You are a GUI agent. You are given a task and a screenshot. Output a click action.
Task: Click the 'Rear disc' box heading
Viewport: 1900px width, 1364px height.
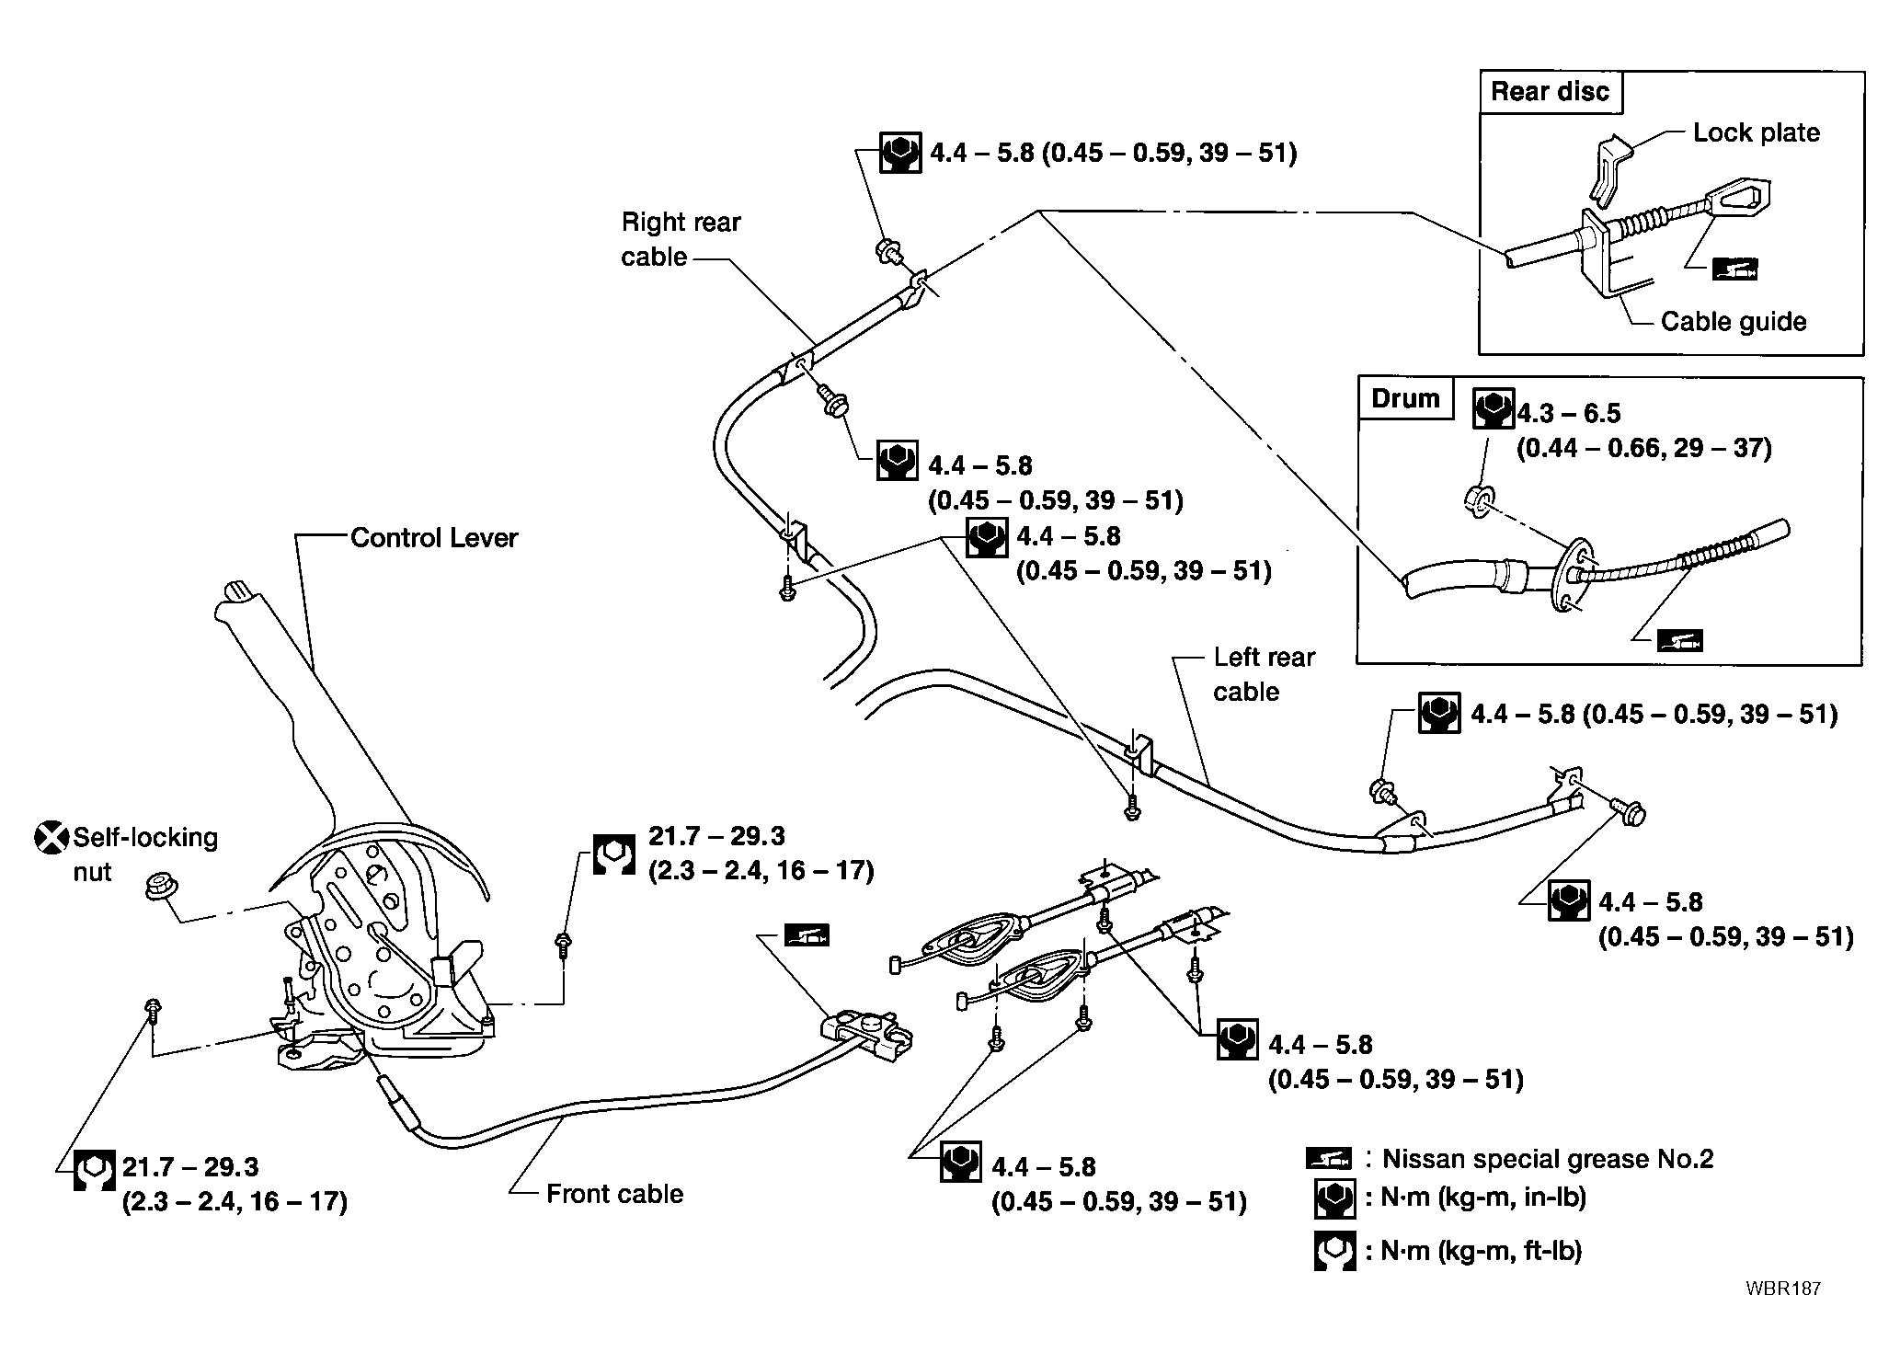coord(1550,92)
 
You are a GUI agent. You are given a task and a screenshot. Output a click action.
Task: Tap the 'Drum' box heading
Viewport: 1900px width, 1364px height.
coord(1405,398)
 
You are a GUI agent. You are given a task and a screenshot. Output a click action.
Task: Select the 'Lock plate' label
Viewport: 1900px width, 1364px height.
coord(1757,132)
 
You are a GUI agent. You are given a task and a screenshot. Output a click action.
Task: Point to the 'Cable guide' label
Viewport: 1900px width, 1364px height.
coord(1734,321)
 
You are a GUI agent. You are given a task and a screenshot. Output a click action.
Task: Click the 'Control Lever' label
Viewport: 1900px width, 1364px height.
coord(434,537)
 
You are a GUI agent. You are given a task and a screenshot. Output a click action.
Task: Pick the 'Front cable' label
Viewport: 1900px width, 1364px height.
coord(615,1194)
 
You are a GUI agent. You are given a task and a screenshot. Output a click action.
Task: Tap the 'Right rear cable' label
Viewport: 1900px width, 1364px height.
coord(681,239)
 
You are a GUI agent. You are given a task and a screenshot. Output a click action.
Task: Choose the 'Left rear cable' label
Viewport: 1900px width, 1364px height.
coord(1264,674)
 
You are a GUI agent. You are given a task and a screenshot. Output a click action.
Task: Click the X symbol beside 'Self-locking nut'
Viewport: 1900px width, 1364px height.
coord(52,838)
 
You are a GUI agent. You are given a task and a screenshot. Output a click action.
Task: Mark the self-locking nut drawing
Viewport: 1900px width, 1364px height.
coord(162,889)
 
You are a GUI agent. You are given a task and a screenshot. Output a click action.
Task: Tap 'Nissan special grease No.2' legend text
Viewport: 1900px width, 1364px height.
coord(1548,1159)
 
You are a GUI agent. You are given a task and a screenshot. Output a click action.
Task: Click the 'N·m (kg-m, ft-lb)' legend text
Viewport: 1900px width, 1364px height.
coord(1482,1251)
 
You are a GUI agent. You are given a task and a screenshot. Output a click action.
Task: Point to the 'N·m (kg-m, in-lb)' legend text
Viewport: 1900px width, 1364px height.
coord(1483,1198)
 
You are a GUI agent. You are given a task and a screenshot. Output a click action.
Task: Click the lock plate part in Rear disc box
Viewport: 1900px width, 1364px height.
coord(1609,169)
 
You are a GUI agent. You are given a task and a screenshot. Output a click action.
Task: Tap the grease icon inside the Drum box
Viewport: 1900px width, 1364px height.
coord(1679,640)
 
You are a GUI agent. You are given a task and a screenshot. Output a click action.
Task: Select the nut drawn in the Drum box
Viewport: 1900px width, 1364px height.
coord(1477,502)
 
